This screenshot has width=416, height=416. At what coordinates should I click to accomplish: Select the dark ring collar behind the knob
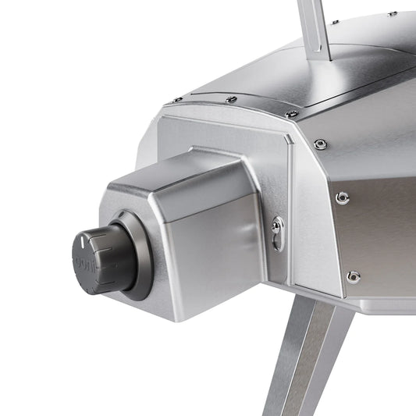pos(137,257)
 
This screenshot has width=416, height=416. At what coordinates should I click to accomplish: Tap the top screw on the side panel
pos(320,144)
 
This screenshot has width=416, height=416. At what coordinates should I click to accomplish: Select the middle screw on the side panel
pos(342,198)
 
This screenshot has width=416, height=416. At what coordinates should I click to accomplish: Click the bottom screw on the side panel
pos(354,276)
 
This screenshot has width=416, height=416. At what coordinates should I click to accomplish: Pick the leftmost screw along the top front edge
pos(178,100)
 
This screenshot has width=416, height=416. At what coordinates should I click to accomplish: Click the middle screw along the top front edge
pos(231,99)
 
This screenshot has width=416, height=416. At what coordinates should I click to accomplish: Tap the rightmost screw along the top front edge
pos(291,114)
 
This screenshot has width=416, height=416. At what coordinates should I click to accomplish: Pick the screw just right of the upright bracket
pos(336,22)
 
